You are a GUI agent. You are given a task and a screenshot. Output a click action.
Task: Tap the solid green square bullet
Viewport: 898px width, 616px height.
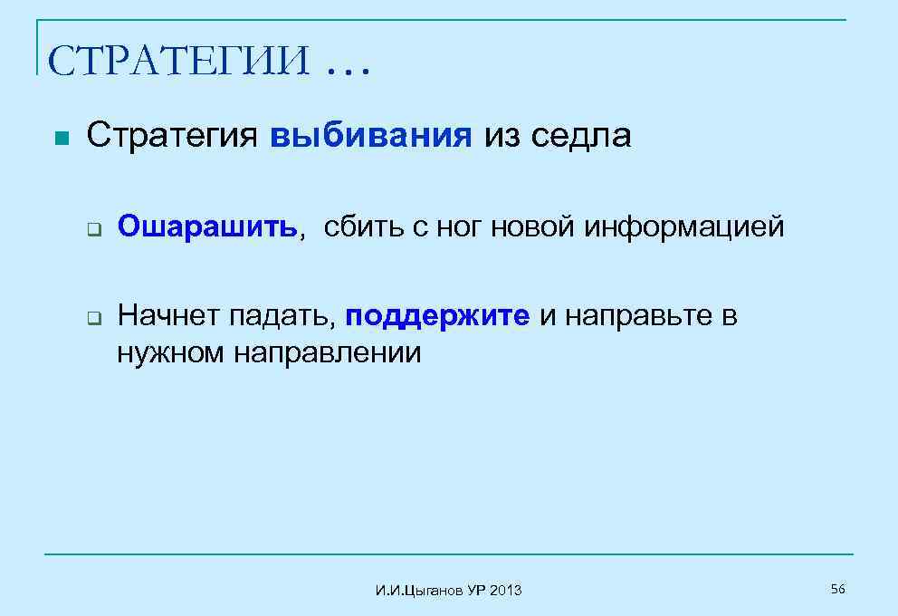(60, 139)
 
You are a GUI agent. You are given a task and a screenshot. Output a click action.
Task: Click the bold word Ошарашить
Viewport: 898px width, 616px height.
(207, 227)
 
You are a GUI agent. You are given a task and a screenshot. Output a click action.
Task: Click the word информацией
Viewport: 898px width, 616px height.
(684, 227)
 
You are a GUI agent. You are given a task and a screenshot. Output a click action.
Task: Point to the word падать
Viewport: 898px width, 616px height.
(283, 316)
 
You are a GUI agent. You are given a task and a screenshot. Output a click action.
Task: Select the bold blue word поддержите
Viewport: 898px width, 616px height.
(438, 316)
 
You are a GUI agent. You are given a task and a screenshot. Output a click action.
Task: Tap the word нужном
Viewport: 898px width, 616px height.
(172, 351)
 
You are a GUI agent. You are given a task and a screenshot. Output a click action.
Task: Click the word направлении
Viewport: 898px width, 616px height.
(329, 351)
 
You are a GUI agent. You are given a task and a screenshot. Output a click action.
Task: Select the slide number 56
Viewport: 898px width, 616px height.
(837, 590)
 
